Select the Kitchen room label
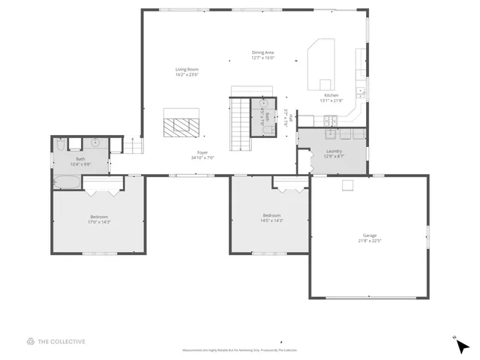tap(331, 96)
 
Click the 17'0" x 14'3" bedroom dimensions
tap(100, 222)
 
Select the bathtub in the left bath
tap(65, 181)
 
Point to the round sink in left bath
tap(96, 142)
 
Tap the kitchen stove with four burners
tap(328, 120)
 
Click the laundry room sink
tap(331, 134)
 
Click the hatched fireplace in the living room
tap(182, 124)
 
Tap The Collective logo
tap(56, 341)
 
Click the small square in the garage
tap(348, 184)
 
